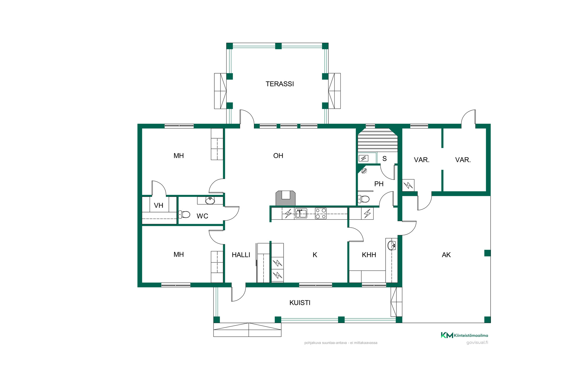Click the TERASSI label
280,84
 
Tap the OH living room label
278,156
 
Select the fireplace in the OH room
286,198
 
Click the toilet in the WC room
184,214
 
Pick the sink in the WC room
210,201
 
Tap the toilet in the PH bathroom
364,199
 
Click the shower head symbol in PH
364,171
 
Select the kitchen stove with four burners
320,214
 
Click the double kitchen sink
301,213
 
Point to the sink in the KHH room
392,245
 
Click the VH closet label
159,206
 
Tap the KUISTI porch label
300,303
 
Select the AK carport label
446,255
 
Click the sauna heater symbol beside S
364,158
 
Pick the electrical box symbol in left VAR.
408,185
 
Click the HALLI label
241,255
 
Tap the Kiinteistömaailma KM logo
464,335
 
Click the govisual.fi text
477,342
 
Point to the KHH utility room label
369,255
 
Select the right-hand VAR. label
463,160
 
